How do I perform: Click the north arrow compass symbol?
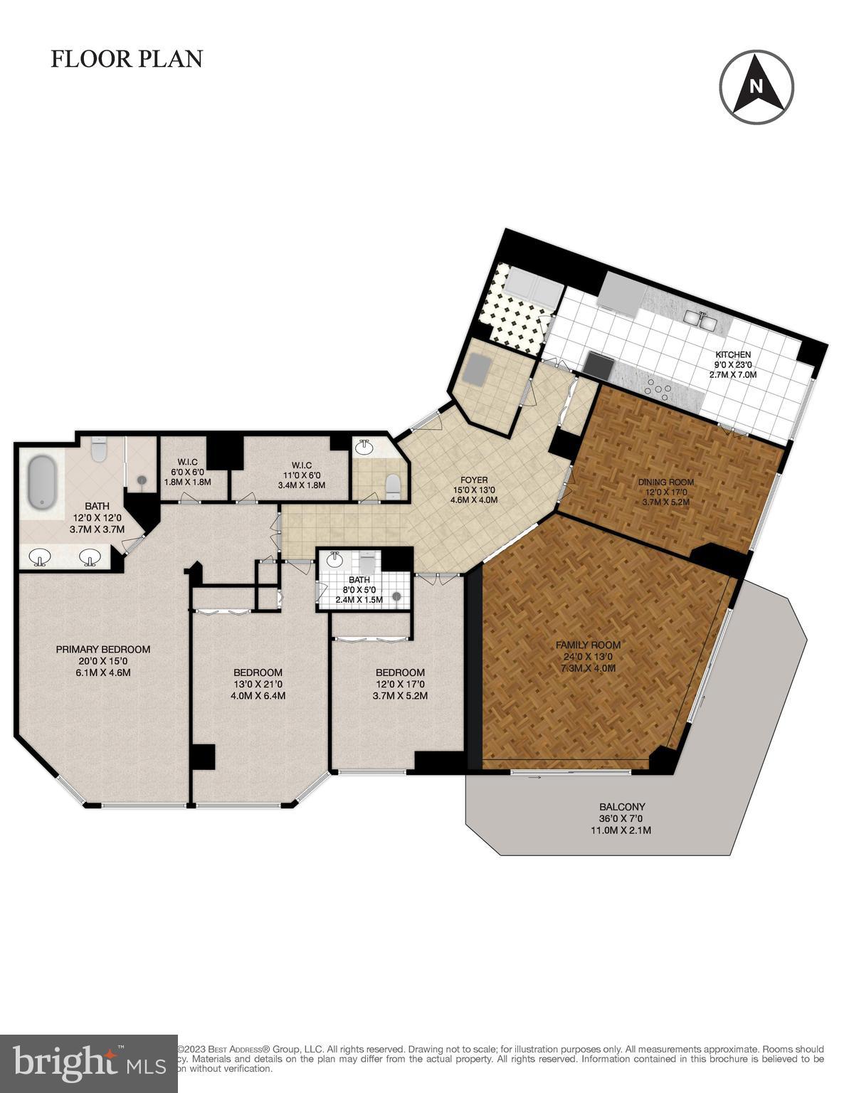pos(756,87)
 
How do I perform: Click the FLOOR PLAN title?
pos(127,59)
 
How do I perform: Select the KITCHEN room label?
pos(733,355)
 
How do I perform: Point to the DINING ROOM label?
pos(665,482)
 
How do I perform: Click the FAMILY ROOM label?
pos(588,645)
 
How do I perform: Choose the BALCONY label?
pos(622,807)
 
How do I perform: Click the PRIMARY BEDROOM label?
pos(103,649)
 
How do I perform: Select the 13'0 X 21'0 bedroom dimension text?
pos(258,684)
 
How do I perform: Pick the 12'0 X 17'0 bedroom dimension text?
pos(400,684)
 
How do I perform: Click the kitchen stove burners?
pos(658,389)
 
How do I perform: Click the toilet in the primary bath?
pos(99,449)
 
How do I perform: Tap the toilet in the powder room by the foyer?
pos(392,486)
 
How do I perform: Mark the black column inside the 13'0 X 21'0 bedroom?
pos(204,756)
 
